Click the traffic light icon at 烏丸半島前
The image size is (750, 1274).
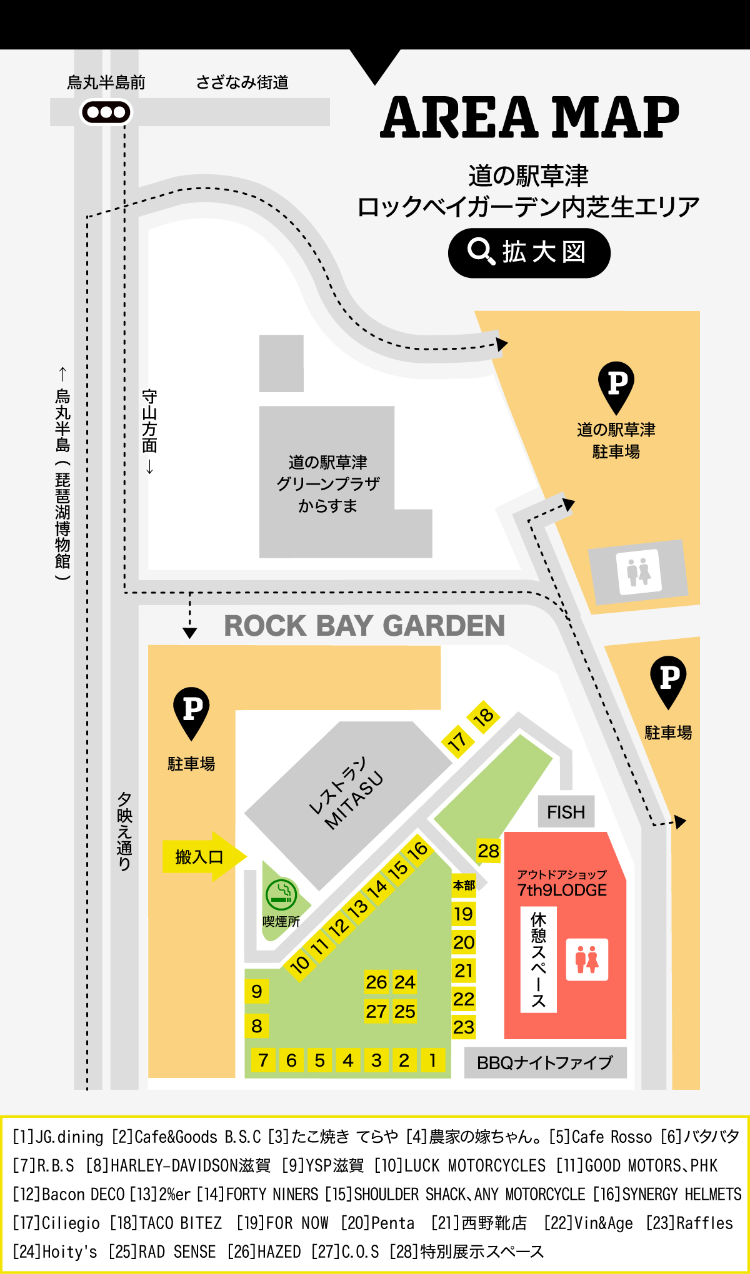[x=106, y=112]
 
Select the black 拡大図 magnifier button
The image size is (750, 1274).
[x=529, y=253]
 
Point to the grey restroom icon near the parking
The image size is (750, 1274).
[x=639, y=571]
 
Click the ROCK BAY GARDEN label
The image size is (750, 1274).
[x=364, y=626]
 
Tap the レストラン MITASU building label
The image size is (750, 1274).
[x=347, y=793]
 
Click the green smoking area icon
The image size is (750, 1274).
[x=281, y=894]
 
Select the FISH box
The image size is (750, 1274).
[x=566, y=812]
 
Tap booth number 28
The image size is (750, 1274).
[x=488, y=851]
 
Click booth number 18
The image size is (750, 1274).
[x=483, y=716]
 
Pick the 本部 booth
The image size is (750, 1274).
[x=464, y=885]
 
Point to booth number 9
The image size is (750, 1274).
[x=257, y=991]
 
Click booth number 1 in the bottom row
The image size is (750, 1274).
[x=432, y=1060]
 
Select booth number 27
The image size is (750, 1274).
[x=376, y=1011]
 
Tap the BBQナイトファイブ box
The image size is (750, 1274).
[x=545, y=1062]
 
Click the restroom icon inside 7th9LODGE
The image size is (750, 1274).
[x=587, y=959]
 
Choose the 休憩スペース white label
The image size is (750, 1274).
[x=538, y=959]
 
